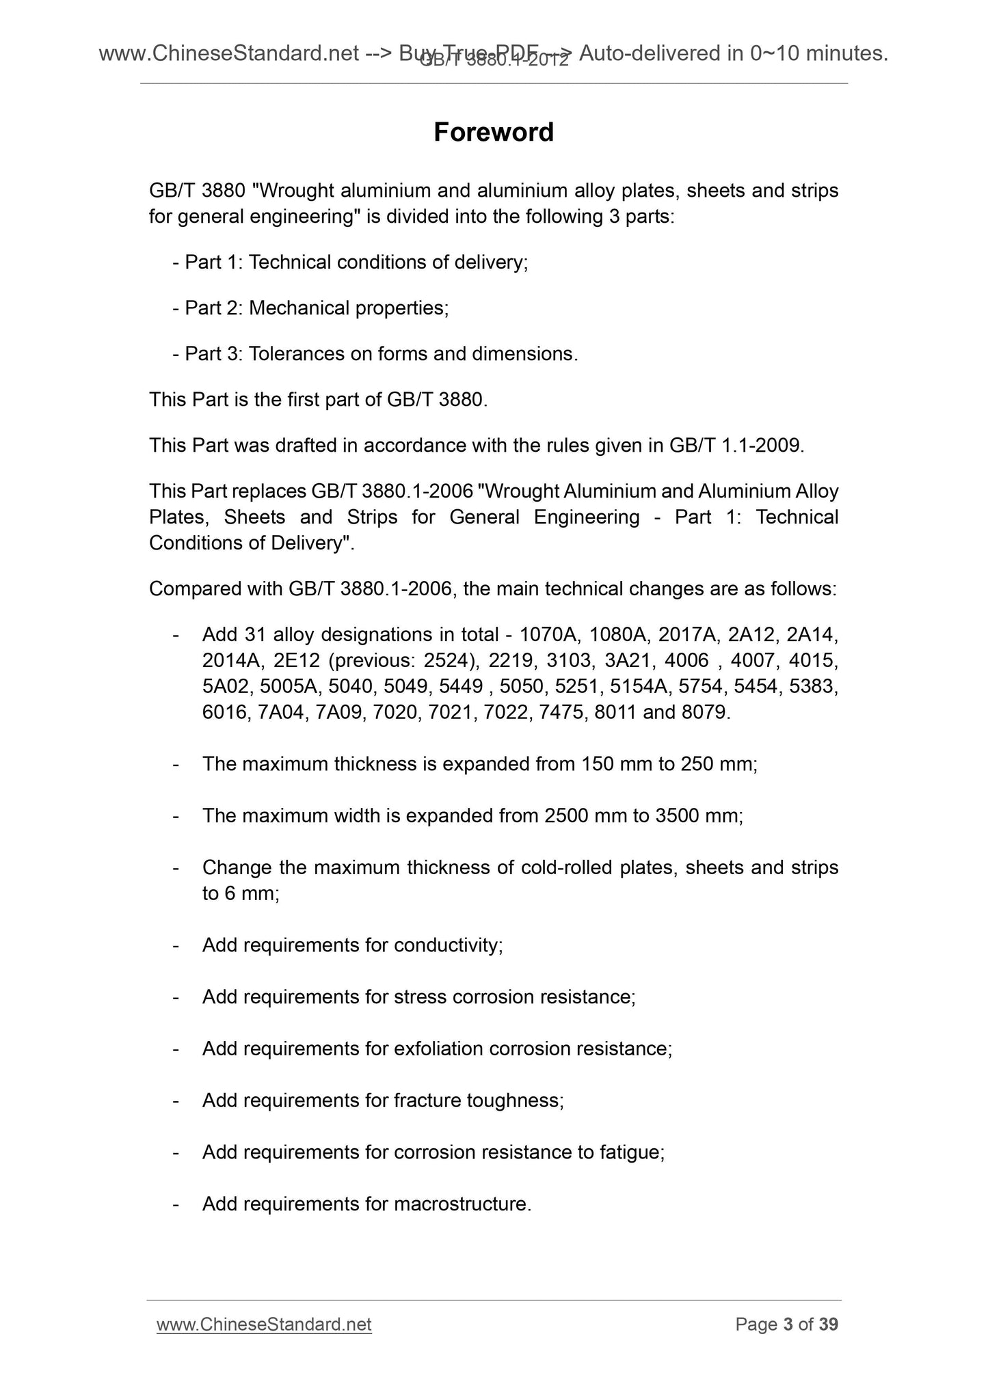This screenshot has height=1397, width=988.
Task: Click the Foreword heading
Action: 493,133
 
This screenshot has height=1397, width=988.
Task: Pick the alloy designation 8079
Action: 704,713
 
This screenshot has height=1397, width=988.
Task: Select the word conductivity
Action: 448,945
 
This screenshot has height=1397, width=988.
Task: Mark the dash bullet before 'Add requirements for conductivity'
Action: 176,945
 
